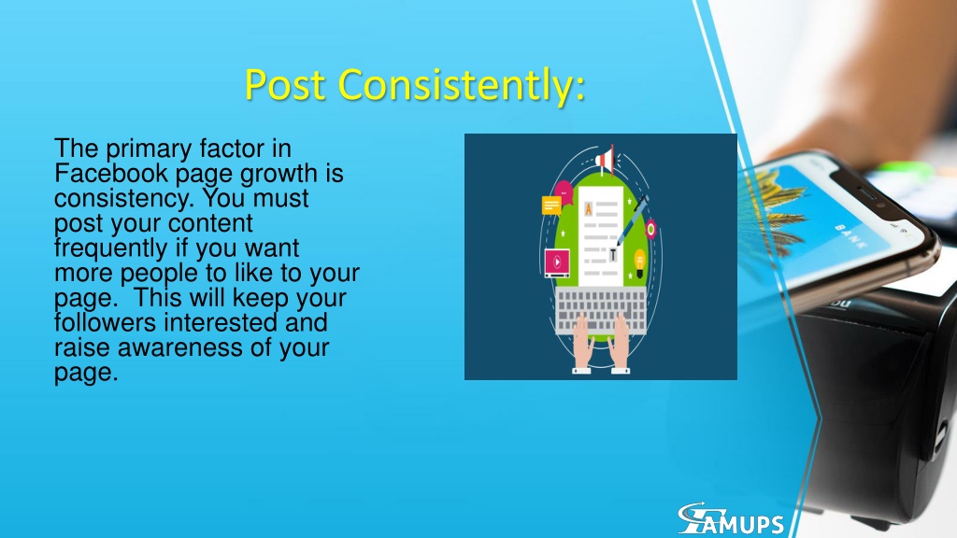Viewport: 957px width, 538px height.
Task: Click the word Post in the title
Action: (x=284, y=84)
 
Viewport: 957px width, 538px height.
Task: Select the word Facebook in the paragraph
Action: (x=111, y=173)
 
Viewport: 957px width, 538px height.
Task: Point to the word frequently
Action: (x=110, y=248)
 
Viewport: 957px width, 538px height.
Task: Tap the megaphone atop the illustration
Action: (x=605, y=160)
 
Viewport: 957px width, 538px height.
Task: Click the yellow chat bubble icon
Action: (x=551, y=205)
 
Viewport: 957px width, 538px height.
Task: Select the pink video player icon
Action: (x=557, y=262)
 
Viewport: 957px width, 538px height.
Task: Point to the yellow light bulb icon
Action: (x=639, y=262)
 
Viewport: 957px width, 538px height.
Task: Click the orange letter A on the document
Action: (x=589, y=209)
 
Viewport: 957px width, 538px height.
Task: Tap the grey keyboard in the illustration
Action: (x=601, y=310)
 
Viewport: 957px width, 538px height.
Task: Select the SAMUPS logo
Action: (x=731, y=519)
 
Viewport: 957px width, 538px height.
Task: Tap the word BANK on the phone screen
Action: (x=850, y=236)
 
